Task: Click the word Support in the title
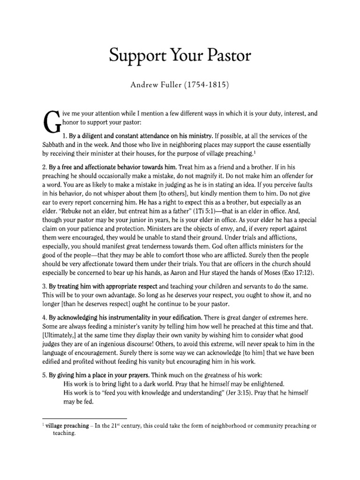[x=135, y=56]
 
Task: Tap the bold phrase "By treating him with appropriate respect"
[x=104, y=286]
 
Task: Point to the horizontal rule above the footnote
[x=85, y=418]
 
